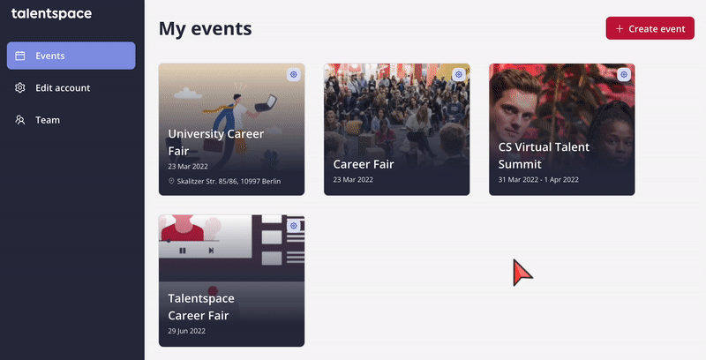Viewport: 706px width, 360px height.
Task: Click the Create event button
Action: tap(650, 28)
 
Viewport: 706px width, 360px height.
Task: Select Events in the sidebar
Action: tap(71, 56)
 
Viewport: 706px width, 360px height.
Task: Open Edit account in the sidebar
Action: tap(63, 87)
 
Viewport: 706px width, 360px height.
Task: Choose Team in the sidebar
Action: tap(48, 120)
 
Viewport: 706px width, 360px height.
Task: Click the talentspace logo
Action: tap(51, 13)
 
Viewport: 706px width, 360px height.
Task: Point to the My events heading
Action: tap(206, 29)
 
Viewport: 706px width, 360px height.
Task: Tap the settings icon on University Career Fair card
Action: tap(294, 74)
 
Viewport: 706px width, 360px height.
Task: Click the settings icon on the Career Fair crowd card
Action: tap(458, 74)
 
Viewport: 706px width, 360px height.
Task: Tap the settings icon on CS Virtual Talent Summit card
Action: tap(624, 74)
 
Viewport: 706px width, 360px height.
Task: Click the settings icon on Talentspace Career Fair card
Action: tap(294, 226)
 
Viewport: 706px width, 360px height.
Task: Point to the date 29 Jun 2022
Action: tap(187, 331)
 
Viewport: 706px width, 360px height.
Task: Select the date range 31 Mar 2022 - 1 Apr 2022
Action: tap(538, 179)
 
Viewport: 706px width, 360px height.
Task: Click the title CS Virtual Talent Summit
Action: tap(544, 155)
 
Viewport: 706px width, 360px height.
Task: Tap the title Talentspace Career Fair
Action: tap(201, 307)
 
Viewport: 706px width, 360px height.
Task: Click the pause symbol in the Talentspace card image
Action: tap(183, 251)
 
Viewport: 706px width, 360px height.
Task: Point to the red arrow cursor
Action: tap(522, 272)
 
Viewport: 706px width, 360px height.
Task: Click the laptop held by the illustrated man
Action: tap(267, 103)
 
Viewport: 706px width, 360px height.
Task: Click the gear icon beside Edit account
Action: tap(19, 87)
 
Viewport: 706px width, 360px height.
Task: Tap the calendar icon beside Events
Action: tap(19, 56)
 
